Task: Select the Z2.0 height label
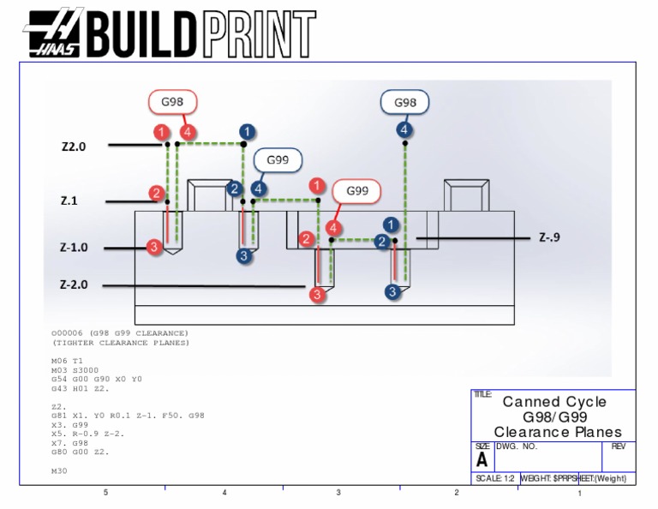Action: click(x=74, y=147)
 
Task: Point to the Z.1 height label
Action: click(x=69, y=201)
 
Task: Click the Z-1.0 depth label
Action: click(x=74, y=248)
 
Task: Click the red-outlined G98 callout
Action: click(x=173, y=103)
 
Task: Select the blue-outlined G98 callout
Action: click(x=405, y=103)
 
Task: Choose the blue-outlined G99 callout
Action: click(x=278, y=160)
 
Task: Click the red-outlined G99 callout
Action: click(x=357, y=191)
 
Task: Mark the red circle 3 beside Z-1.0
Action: click(x=153, y=248)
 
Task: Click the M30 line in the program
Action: click(x=60, y=470)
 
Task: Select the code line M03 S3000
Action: click(x=75, y=369)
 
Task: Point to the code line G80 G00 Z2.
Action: click(x=81, y=451)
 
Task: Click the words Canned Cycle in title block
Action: click(x=553, y=402)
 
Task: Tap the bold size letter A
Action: click(x=482, y=459)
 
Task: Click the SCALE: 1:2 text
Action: click(x=495, y=478)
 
